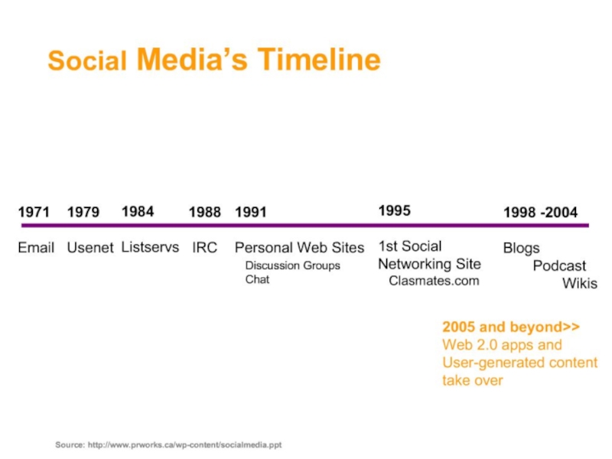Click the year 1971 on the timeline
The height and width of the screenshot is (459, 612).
pyautogui.click(x=34, y=212)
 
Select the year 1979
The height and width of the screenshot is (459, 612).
pyautogui.click(x=83, y=212)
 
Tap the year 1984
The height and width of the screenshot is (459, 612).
pyautogui.click(x=138, y=211)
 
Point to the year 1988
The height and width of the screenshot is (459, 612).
pyautogui.click(x=205, y=212)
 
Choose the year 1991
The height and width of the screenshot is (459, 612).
pyautogui.click(x=250, y=212)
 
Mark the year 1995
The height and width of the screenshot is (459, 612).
pyautogui.click(x=395, y=210)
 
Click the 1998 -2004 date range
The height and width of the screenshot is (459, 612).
pyautogui.click(x=540, y=212)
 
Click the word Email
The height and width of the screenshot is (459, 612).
pyautogui.click(x=36, y=248)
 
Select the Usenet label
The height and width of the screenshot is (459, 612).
pyautogui.click(x=90, y=248)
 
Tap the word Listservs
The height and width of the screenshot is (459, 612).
pyautogui.click(x=150, y=247)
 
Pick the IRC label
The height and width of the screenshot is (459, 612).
pyautogui.click(x=204, y=248)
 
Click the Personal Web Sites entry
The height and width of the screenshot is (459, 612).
pyautogui.click(x=299, y=248)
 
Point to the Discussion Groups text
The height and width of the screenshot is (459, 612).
pyautogui.click(x=292, y=265)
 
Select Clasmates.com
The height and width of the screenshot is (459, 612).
pyautogui.click(x=434, y=281)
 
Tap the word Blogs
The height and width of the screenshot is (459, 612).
pyautogui.click(x=521, y=249)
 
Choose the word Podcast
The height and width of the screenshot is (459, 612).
pyautogui.click(x=559, y=266)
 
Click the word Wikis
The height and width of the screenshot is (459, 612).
pyautogui.click(x=580, y=284)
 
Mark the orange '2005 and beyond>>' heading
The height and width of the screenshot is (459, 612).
pyautogui.click(x=510, y=327)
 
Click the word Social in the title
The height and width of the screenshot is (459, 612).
pyautogui.click(x=86, y=61)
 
